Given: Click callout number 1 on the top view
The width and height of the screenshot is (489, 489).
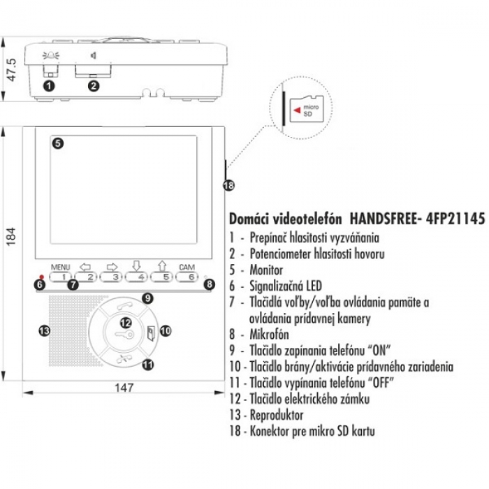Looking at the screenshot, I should [x=48, y=85].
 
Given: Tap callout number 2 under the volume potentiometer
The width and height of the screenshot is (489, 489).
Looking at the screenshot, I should [x=94, y=85].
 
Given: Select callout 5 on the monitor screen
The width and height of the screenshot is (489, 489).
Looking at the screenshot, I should [x=58, y=144].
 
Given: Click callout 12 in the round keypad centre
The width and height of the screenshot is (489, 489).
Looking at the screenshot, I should [x=126, y=322].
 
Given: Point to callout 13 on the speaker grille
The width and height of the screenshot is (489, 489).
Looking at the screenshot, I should [x=44, y=329].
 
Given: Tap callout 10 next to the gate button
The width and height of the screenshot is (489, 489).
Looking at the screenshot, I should [x=165, y=330].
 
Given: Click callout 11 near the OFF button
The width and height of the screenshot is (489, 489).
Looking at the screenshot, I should [x=147, y=364].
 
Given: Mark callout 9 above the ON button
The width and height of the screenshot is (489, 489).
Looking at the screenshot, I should [x=147, y=298].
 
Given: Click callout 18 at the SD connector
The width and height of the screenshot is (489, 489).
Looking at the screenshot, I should [x=228, y=185].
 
